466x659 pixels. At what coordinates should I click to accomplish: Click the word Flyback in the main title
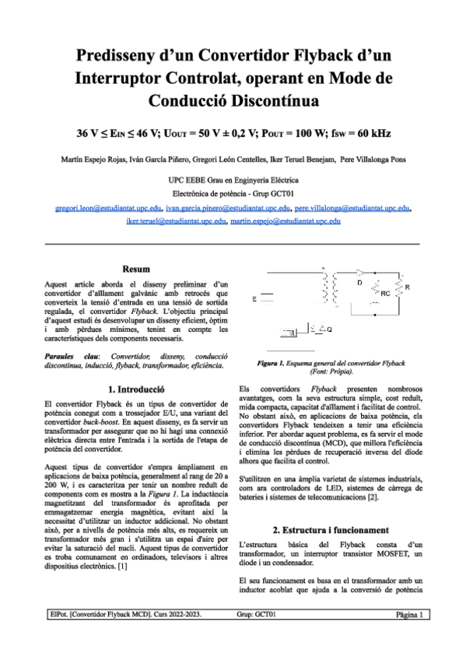pyautogui.click(x=305, y=56)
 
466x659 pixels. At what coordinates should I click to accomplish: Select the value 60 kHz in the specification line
pyautogui.click(x=369, y=133)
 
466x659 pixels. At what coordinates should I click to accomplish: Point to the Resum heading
pyautogui.click(x=136, y=268)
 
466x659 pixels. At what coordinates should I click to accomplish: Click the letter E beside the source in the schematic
pyautogui.click(x=254, y=299)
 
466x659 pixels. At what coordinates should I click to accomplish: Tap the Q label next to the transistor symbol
pyautogui.click(x=329, y=329)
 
